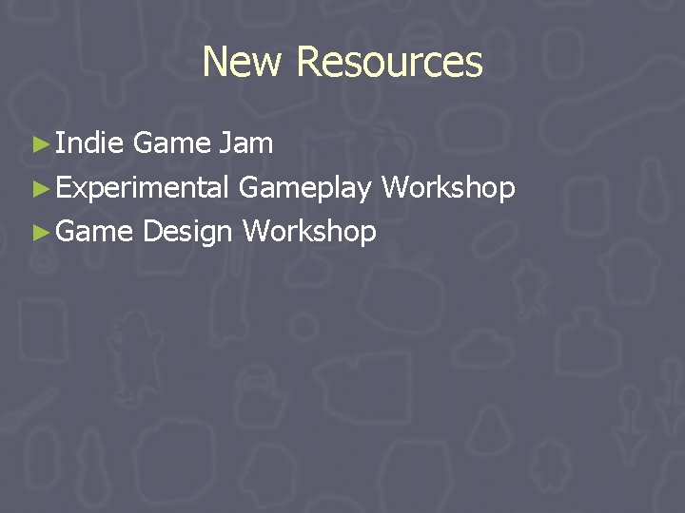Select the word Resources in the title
[x=389, y=63]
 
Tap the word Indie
[x=89, y=143]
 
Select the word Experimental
[x=142, y=188]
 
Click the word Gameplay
[x=304, y=188]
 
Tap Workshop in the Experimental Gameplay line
[x=448, y=187]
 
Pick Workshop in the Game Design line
[x=309, y=231]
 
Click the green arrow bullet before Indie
[x=39, y=144]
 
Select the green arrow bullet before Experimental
[x=39, y=188]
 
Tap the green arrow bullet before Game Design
[x=39, y=232]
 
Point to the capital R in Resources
[x=306, y=63]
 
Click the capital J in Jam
[x=224, y=143]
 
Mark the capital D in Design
[x=150, y=231]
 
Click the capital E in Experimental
[x=62, y=187]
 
